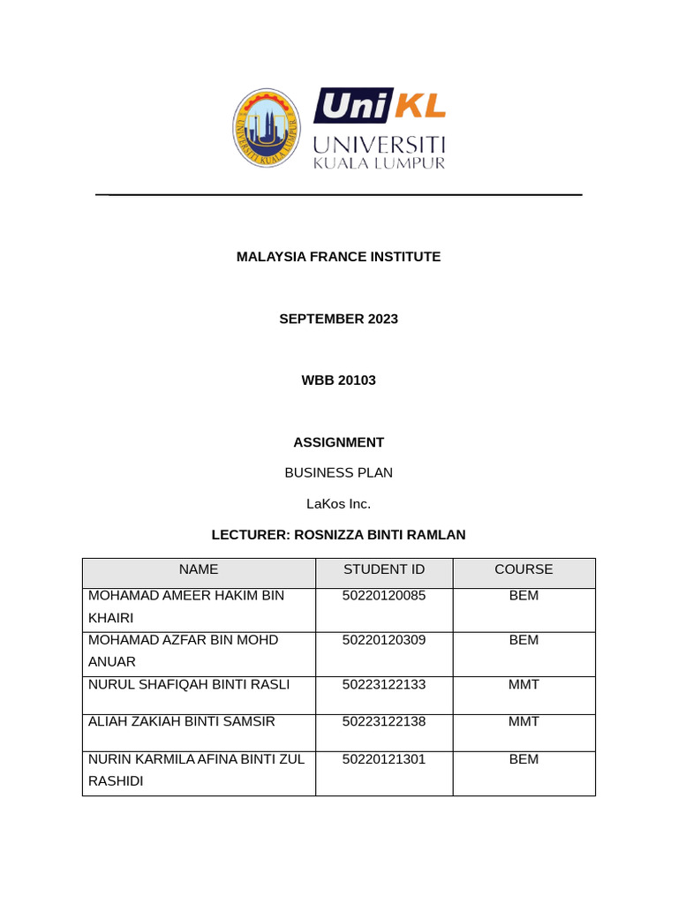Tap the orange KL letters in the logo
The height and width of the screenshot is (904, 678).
419,107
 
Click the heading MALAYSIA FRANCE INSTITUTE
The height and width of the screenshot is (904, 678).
338,257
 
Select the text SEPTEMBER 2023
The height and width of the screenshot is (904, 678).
338,319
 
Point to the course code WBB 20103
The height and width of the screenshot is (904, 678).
338,380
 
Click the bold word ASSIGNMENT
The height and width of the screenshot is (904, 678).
338,442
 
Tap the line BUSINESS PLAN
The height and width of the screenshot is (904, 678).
338,472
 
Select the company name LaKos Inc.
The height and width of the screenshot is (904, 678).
338,504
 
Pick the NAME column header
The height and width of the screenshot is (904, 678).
198,569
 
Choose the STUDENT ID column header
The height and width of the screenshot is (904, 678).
384,569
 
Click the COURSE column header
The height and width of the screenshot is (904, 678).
524,569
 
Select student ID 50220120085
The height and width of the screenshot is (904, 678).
384,596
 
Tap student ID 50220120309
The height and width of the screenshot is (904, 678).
384,640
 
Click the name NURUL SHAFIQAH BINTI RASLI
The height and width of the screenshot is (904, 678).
189,684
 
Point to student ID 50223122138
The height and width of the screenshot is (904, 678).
384,721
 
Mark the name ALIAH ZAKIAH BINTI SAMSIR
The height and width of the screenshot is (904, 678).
182,721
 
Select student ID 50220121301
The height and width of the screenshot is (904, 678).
384,759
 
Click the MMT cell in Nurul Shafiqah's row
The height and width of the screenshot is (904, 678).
524,684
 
